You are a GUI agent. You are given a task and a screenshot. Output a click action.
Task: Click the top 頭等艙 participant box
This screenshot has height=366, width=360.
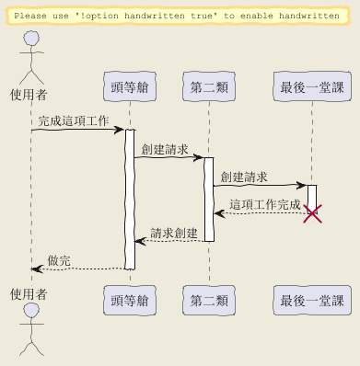tap(130, 86)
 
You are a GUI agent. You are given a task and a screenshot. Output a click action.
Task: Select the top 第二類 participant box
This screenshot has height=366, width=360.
tap(209, 86)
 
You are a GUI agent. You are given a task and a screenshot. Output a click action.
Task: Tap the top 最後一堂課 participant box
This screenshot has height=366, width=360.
tap(312, 86)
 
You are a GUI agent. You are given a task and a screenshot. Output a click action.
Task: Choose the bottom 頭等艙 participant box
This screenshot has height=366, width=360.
tap(130, 300)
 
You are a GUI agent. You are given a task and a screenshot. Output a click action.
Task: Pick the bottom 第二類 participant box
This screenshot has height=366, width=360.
tap(209, 300)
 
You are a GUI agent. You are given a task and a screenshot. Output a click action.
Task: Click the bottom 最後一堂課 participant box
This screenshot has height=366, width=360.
tap(312, 300)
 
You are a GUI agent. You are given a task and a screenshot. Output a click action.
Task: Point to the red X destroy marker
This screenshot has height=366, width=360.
tap(312, 213)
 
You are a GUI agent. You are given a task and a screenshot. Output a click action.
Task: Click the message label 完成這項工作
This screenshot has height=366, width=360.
tap(74, 120)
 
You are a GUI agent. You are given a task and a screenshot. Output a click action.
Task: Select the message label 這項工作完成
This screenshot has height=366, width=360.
tap(265, 204)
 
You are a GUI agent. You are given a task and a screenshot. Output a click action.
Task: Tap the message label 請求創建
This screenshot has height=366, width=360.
tap(174, 233)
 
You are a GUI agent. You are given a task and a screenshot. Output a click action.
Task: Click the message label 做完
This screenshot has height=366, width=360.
tap(59, 260)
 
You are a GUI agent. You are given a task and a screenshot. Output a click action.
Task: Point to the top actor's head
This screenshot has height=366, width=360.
tap(31, 39)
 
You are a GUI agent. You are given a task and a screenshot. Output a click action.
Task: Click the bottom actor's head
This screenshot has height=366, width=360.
tap(31, 311)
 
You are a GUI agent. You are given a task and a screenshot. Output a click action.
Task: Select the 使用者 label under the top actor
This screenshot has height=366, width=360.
tap(29, 95)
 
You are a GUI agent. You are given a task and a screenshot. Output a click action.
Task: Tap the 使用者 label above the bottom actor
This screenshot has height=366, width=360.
tap(29, 294)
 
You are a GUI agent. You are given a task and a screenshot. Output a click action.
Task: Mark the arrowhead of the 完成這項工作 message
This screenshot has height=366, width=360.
tap(119, 130)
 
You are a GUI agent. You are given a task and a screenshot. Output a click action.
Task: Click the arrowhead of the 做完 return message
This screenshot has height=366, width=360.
tap(37, 269)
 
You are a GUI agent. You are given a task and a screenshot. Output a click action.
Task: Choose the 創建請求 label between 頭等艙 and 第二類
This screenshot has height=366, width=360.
tap(165, 149)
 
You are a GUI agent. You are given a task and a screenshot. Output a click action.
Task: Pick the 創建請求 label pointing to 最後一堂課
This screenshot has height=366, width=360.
tap(244, 177)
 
